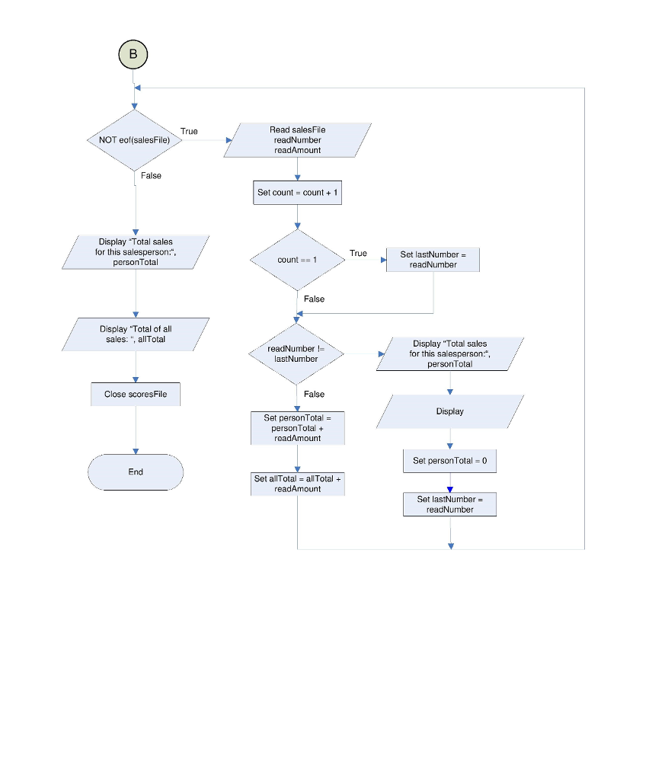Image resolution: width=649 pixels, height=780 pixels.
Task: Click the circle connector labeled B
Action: pos(133,54)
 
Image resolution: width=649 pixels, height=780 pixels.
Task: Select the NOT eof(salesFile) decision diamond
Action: pos(135,140)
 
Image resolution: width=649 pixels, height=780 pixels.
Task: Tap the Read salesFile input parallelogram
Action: pos(297,140)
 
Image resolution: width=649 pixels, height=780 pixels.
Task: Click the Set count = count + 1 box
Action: pos(298,193)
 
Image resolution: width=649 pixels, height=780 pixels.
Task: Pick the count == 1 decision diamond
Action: pos(297,260)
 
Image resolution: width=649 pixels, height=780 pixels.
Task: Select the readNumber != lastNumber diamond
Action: pos(296,353)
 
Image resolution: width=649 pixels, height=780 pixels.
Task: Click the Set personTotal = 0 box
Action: pos(449,461)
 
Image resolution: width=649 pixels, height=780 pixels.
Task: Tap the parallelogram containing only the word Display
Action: pos(449,411)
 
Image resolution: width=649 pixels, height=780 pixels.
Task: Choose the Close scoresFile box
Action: pos(136,395)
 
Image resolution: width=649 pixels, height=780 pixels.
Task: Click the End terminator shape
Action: pos(136,472)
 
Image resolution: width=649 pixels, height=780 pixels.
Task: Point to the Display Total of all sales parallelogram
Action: pos(136,334)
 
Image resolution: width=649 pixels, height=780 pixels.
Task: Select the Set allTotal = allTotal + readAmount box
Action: pos(298,484)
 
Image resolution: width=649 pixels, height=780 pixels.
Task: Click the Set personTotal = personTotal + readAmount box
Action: pos(298,428)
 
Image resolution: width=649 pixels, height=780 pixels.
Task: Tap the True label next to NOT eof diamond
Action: pos(189,132)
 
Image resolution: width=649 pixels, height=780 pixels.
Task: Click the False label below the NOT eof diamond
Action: pos(151,176)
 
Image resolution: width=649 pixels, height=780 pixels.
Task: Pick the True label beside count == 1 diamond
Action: pos(358,254)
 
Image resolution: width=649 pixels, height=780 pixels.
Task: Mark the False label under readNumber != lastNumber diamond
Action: pos(314,395)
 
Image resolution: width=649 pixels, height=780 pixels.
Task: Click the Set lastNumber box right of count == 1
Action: pos(433,260)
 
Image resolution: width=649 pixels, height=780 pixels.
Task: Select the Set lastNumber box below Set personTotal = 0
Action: pos(449,504)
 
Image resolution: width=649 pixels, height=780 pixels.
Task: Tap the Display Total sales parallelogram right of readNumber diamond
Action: pos(449,354)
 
